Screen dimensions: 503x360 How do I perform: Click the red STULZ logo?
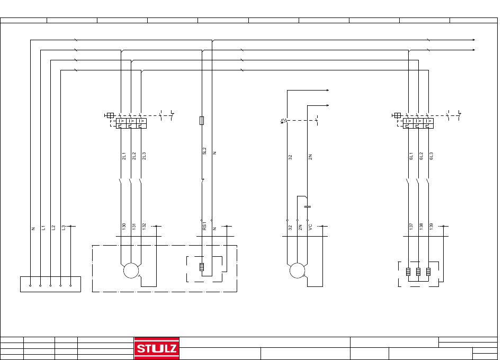pyautogui.click(x=157, y=348)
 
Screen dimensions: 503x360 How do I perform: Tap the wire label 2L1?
pyautogui.click(x=124, y=156)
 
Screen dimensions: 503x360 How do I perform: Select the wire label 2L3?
pyautogui.click(x=144, y=156)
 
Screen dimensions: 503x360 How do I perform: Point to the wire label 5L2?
pyautogui.click(x=204, y=151)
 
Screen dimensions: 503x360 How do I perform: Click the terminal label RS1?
pyautogui.click(x=204, y=226)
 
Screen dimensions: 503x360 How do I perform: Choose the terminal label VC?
pyautogui.click(x=310, y=227)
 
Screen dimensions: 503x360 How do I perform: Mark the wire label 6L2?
pyautogui.click(x=421, y=156)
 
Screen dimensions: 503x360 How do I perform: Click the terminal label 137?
pyautogui.click(x=411, y=226)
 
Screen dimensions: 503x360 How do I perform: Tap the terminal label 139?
pyautogui.click(x=431, y=226)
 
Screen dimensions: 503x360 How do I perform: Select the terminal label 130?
pyautogui.click(x=124, y=226)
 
